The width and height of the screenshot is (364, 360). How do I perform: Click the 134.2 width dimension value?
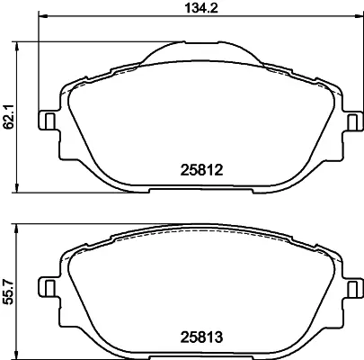[201, 7]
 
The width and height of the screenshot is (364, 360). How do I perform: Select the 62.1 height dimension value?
[9, 117]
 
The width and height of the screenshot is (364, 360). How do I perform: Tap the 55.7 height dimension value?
[9, 292]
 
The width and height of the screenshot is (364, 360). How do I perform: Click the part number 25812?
[201, 170]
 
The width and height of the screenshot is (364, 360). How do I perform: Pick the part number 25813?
[201, 337]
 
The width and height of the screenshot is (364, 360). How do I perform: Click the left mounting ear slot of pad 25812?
[49, 121]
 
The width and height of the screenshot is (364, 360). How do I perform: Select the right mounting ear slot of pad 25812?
[351, 121]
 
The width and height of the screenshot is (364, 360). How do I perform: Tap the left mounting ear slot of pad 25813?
[49, 288]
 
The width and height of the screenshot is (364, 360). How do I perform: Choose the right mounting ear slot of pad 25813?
[351, 288]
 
